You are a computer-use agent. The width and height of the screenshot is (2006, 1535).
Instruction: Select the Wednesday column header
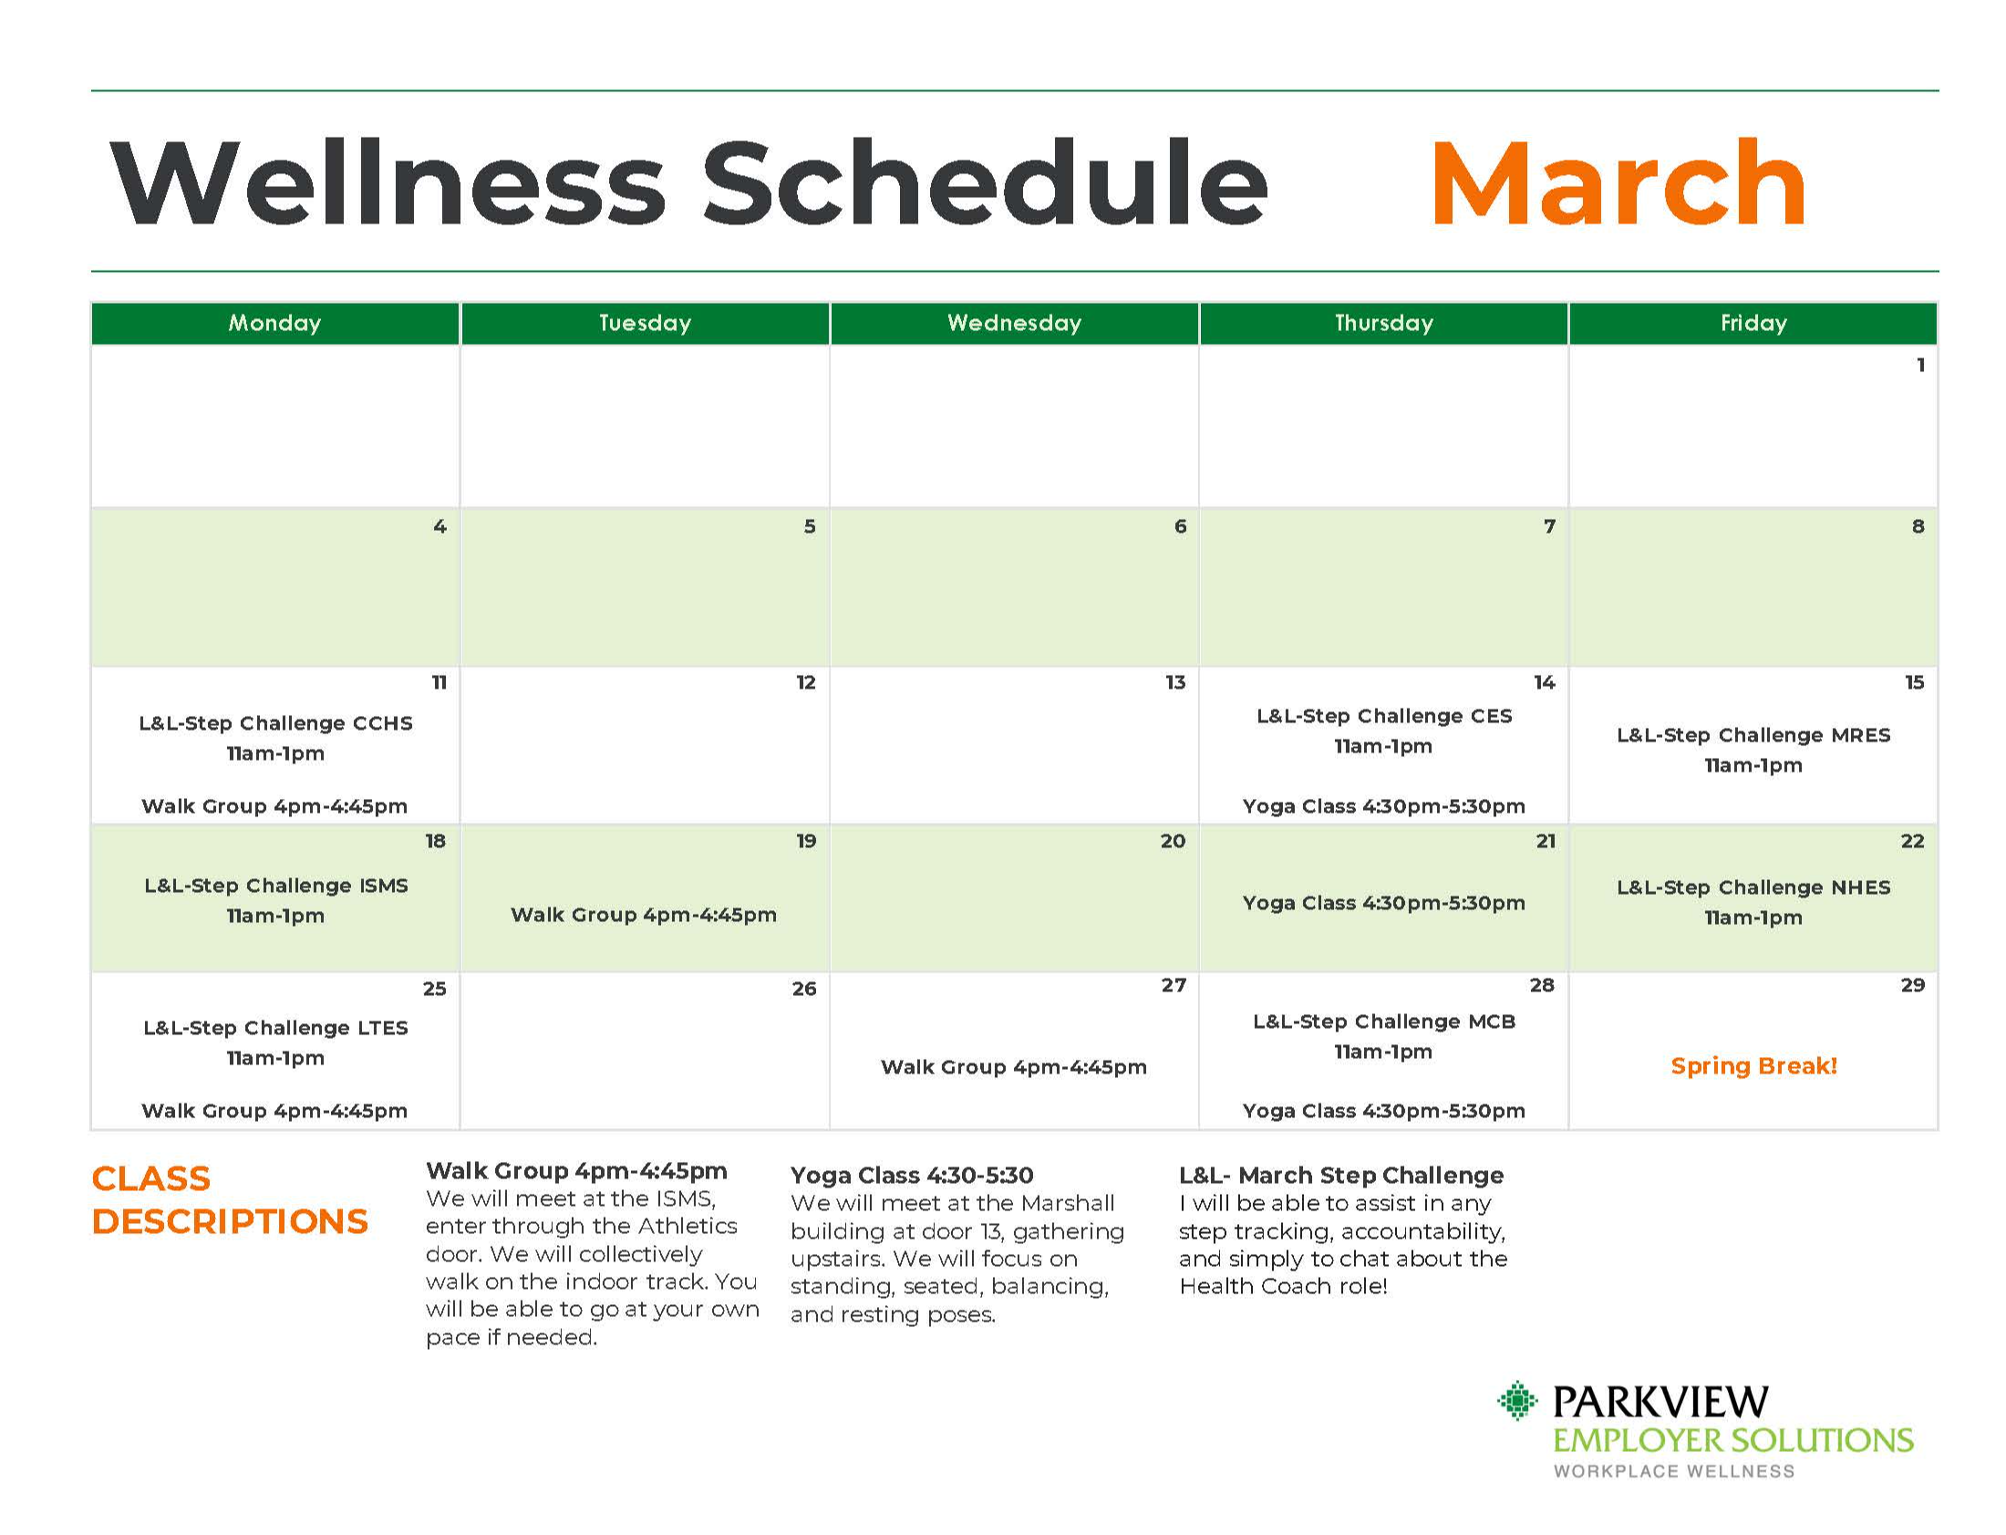[x=1014, y=323]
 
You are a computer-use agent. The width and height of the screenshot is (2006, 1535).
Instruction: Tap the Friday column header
[x=1753, y=323]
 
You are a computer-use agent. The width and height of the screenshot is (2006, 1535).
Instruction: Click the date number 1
[x=1920, y=365]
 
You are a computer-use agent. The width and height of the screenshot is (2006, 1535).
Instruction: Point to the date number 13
[x=1174, y=681]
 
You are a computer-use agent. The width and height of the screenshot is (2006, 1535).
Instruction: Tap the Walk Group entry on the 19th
[x=644, y=915]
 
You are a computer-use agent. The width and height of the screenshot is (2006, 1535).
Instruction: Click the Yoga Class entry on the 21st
[x=1383, y=903]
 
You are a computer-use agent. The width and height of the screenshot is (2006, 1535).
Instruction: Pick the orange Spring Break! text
[x=1753, y=1065]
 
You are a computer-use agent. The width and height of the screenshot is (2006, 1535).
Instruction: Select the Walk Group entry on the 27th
[x=1014, y=1066]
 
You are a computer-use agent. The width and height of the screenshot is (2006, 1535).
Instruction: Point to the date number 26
[x=804, y=989]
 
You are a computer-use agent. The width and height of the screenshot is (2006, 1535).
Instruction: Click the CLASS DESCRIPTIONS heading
[x=229, y=1198]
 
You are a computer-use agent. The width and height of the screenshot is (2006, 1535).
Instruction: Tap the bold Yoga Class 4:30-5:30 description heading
[x=912, y=1174]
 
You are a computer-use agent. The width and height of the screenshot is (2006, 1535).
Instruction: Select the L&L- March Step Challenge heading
[x=1341, y=1174]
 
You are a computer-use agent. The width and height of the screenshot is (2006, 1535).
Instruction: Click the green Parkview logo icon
[x=1518, y=1400]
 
